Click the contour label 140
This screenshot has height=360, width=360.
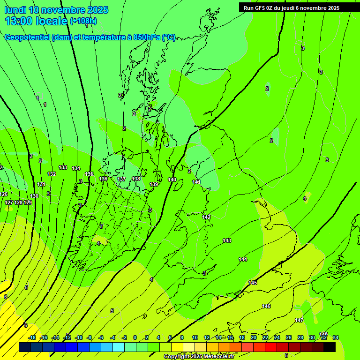point(172,180)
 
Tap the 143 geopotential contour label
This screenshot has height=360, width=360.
point(227,240)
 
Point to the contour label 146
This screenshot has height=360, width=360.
point(266,306)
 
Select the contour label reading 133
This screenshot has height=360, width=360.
point(63,167)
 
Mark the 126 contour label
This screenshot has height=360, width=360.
point(4,194)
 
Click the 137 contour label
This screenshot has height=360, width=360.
point(121,179)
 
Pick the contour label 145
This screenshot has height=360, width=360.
point(253,283)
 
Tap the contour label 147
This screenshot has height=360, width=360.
point(299,320)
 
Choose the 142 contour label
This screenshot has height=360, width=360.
point(206,217)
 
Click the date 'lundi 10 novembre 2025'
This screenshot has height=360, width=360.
point(56,10)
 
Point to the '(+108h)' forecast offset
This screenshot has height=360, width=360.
point(83,21)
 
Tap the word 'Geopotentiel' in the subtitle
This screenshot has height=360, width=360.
point(27,37)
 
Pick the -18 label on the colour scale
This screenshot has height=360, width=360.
point(32,337)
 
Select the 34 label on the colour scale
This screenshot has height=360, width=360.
point(335,337)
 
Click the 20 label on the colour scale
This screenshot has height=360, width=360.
point(253,337)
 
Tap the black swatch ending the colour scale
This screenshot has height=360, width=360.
point(330,347)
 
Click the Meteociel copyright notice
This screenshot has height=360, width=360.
point(199,357)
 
